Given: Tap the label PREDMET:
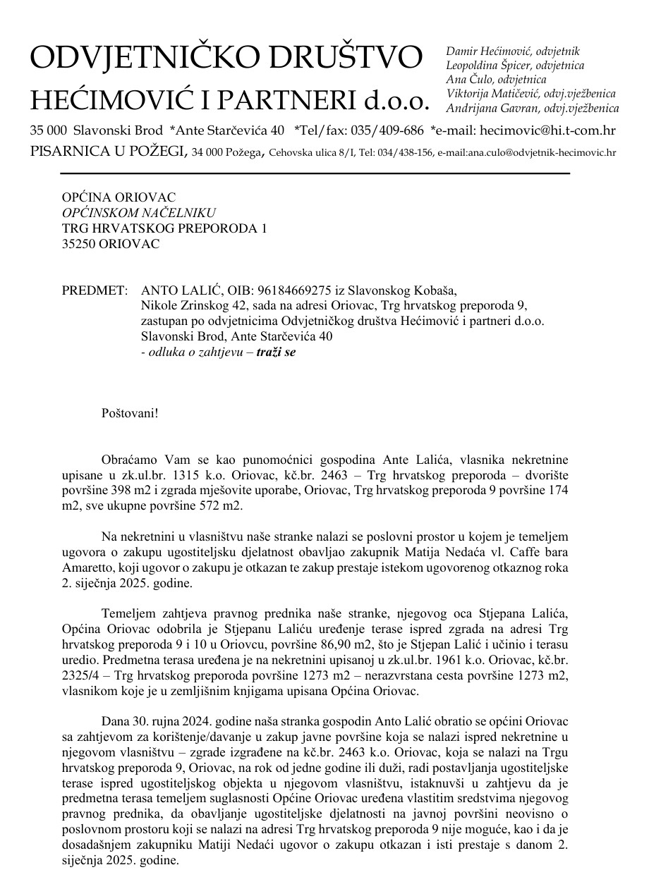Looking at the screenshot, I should pos(95,290).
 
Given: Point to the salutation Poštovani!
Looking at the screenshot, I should pos(131,412).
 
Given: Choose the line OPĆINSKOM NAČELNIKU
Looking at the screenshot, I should pos(139,213).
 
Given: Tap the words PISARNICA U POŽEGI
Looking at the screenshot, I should pos(109,152).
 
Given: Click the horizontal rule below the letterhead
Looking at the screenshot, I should pos(299,173).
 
